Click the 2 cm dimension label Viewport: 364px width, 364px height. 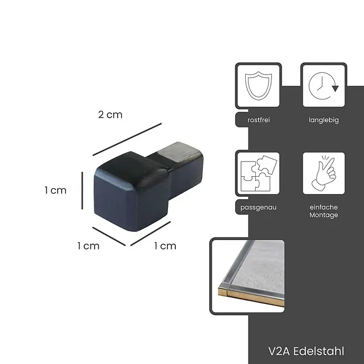click(110, 115)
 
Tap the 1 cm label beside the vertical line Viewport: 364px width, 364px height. click(55, 190)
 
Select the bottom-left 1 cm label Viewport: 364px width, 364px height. click(88, 246)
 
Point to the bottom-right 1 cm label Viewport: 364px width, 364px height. click(165, 246)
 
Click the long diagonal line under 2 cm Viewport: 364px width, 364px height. click(127, 139)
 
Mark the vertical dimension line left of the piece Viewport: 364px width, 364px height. click(82, 190)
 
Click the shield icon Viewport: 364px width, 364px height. click(258, 86)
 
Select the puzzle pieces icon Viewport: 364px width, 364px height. click(258, 173)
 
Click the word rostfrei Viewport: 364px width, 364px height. click(258, 120)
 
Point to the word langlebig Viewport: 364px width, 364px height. click(324, 120)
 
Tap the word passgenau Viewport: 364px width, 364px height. click(258, 208)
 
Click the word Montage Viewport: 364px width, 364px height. click(324, 215)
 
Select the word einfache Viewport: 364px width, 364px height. click(324, 207)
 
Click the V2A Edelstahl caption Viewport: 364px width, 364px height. click(306, 351)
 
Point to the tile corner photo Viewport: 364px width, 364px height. click(247, 276)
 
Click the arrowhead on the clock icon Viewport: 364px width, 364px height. click(335, 88)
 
